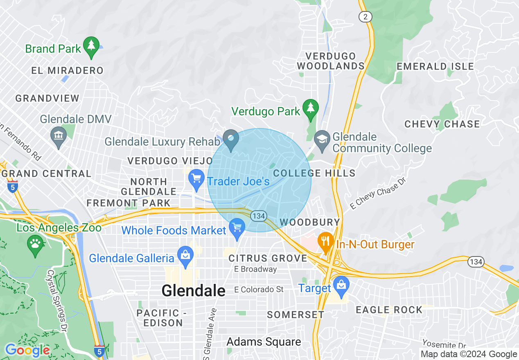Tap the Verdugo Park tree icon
(x=311, y=108)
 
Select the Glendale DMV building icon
(x=58, y=135)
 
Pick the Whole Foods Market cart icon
(x=237, y=227)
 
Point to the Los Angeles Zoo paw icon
(x=35, y=244)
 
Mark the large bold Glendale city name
(x=193, y=290)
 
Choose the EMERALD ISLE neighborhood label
(x=435, y=66)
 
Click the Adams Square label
(x=264, y=342)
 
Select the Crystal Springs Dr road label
(x=57, y=300)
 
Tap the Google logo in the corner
(x=27, y=351)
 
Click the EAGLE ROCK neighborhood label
(x=389, y=310)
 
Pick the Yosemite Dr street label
(x=444, y=345)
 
